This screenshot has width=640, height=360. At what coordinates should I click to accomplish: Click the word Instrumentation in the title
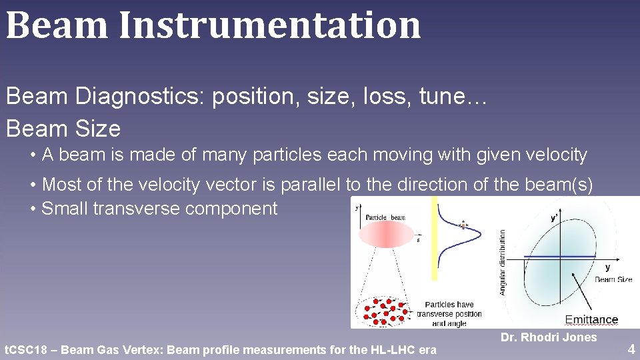click(269, 25)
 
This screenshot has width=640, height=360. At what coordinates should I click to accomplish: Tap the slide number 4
click(631, 349)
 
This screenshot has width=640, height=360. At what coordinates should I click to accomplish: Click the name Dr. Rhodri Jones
click(548, 337)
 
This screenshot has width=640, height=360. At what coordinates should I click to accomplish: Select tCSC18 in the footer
click(27, 349)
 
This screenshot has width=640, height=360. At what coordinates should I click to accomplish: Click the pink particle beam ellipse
click(387, 235)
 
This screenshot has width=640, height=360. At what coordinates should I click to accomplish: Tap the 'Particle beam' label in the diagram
click(386, 217)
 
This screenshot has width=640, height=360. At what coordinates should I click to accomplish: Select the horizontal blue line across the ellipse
click(560, 256)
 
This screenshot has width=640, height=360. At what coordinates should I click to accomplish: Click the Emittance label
click(591, 320)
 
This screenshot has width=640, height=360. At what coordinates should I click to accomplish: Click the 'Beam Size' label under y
click(613, 279)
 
